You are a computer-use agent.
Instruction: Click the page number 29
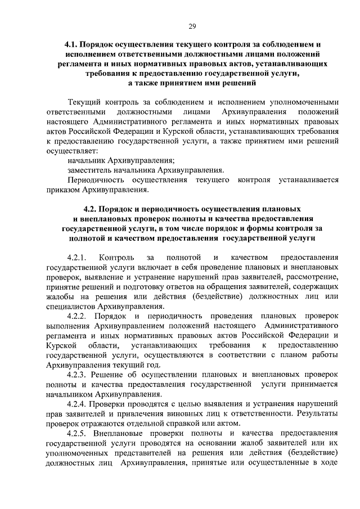pos(192,26)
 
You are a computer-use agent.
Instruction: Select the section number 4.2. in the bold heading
pos(90,208)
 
